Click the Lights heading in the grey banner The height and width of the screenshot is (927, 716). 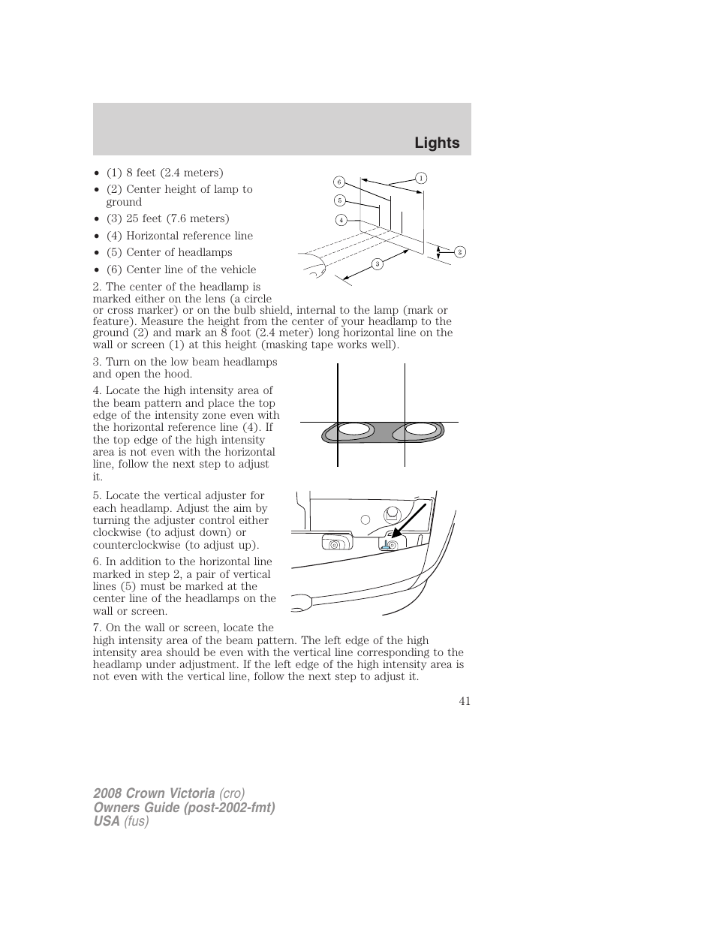click(438, 143)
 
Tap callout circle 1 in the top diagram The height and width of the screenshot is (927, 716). click(421, 178)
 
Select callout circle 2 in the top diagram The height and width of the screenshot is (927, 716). click(460, 252)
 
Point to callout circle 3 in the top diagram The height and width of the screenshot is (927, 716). click(378, 263)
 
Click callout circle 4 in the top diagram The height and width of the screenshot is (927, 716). click(341, 220)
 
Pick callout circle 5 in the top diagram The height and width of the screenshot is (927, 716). click(339, 200)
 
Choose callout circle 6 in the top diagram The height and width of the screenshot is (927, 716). click(338, 182)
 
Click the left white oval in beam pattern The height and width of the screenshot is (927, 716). click(353, 430)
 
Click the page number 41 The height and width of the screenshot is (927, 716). click(465, 701)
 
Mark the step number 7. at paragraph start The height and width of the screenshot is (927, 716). click(98, 628)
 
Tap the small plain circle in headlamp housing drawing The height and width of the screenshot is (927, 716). click(366, 519)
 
